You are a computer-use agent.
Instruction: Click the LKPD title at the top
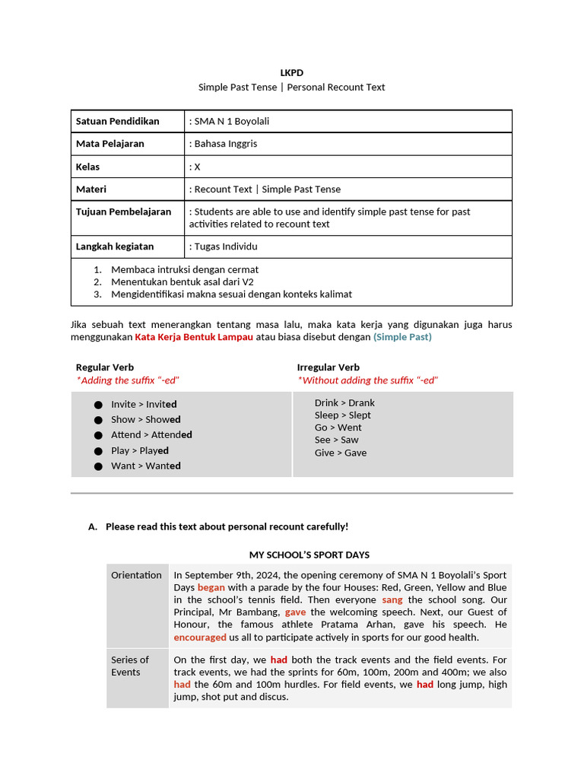tap(291, 73)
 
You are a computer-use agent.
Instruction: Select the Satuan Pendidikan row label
tap(117, 121)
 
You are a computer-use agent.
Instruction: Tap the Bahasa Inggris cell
tap(226, 144)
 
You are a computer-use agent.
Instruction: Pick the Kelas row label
tap(87, 167)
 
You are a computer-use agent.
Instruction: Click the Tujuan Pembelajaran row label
tap(123, 211)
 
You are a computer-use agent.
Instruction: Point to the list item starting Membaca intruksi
tap(184, 269)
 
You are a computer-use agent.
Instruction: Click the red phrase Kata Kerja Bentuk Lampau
tap(194, 337)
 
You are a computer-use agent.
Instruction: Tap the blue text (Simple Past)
tap(402, 337)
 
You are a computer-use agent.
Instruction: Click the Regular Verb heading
tap(105, 367)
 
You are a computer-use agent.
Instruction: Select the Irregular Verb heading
tap(328, 367)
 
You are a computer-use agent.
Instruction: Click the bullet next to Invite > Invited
tap(98, 405)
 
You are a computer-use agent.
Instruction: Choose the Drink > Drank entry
tap(344, 403)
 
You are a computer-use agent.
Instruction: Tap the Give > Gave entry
tap(341, 453)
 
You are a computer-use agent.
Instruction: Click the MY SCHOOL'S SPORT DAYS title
tap(309, 555)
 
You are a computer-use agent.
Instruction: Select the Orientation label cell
tap(136, 575)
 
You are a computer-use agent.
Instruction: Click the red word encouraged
tap(200, 638)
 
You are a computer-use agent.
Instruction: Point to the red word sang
tap(392, 600)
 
